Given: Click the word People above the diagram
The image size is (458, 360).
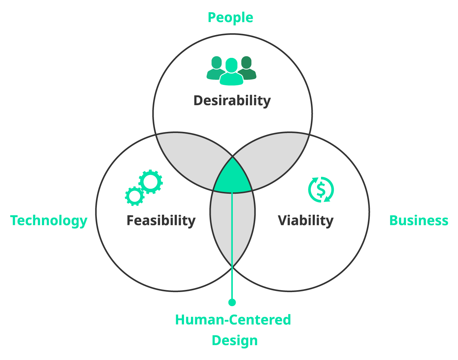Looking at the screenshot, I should [x=230, y=18].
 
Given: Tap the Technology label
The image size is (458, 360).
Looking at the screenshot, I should [x=49, y=220].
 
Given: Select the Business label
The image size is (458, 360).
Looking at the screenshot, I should [x=419, y=220].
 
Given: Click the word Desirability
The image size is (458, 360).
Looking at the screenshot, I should [x=232, y=100].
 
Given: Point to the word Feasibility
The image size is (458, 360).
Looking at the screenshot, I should [x=161, y=220].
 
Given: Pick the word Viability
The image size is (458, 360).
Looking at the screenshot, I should [x=305, y=220].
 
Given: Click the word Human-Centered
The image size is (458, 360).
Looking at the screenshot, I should [x=233, y=320].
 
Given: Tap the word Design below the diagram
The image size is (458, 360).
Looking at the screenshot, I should [x=235, y=340].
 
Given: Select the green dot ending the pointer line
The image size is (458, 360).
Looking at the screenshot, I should [x=232, y=302].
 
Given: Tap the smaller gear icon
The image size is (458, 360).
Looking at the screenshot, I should [x=135, y=196].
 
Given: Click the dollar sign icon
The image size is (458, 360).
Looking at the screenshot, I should [x=321, y=189].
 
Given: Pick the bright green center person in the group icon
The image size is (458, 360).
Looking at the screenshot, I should [x=231, y=72].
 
